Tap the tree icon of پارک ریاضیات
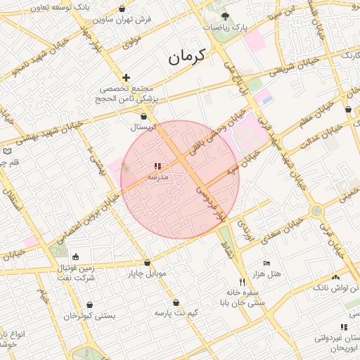coord(224,15)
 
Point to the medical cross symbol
coord(126,77)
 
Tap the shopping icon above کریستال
coord(144,117)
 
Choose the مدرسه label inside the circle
coord(158,177)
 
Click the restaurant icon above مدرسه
coord(157,167)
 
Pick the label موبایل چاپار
coord(147,272)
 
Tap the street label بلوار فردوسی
coord(212,205)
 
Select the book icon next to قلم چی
coord(7,151)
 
